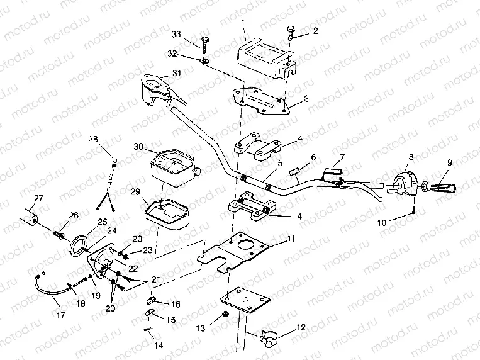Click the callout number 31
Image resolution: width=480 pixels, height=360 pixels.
click(x=177, y=74)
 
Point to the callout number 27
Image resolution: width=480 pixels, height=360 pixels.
click(x=39, y=198)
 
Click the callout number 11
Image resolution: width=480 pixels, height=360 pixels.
click(x=290, y=239)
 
